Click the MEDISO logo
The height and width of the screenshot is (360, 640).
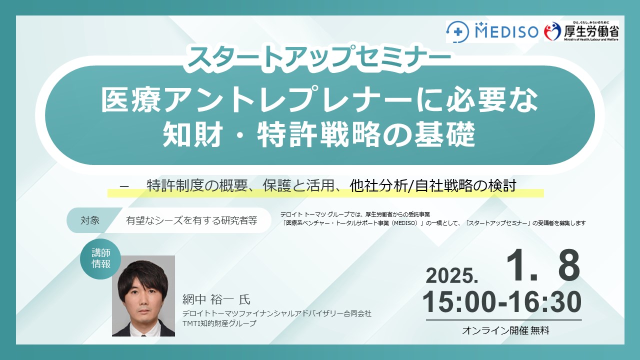[492, 31]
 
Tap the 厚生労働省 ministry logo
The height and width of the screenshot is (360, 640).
[581, 31]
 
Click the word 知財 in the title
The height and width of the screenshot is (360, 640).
[193, 134]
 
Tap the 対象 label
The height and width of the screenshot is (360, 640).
[90, 220]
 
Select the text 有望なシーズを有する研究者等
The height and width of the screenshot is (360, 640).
[191, 220]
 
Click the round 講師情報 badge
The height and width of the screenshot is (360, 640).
[101, 258]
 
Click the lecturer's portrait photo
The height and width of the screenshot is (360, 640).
[143, 295]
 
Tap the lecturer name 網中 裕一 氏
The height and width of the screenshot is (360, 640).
[216, 299]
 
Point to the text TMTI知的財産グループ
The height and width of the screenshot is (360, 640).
[219, 323]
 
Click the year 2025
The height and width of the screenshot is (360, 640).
[452, 276]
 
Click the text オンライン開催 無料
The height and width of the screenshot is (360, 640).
[505, 330]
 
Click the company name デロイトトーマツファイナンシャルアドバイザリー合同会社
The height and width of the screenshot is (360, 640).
[277, 313]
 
